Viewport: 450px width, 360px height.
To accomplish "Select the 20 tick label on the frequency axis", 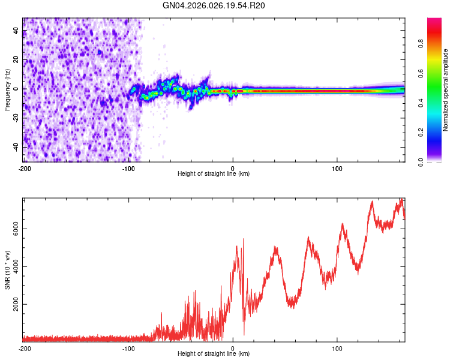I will [17, 59].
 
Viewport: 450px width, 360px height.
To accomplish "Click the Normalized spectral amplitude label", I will [446, 90].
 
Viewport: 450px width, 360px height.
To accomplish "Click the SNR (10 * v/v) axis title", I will [7, 268].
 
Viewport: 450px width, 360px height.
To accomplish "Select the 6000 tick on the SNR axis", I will [13, 229].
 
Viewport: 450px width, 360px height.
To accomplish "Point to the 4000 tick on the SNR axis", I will [13, 266].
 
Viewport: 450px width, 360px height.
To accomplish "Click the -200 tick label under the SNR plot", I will [25, 348].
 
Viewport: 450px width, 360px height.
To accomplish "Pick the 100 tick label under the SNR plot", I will [337, 348].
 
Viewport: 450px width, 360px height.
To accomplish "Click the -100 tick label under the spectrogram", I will [128, 169].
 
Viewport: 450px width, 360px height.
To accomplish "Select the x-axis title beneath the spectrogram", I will [214, 174].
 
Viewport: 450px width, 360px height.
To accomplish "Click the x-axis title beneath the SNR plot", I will [214, 354].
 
